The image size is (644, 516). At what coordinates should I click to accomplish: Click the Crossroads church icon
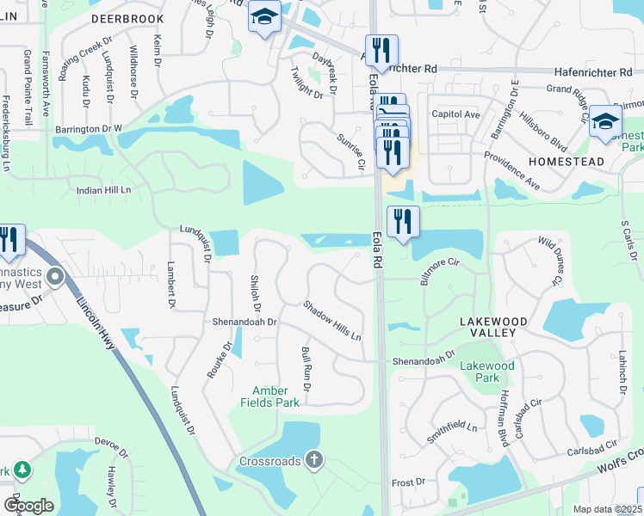point(314,460)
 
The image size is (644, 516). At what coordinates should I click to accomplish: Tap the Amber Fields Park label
point(276,396)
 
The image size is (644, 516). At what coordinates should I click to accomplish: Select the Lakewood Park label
point(487,372)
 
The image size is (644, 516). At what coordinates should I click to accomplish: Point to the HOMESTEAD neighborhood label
point(568,162)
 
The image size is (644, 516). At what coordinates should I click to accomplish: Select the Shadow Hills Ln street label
point(331,319)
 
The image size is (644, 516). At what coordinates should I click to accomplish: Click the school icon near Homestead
point(605,123)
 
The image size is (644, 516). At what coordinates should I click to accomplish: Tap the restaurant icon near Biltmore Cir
point(402,221)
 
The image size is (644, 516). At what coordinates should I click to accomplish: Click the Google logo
point(28,505)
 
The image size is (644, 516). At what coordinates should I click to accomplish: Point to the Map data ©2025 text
point(607,509)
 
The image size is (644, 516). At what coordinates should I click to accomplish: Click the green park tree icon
point(22,470)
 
